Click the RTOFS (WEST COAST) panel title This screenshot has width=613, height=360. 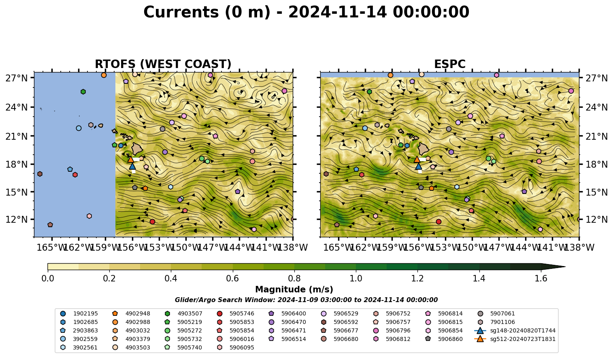click(x=163, y=64)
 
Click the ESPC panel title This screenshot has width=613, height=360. click(x=449, y=64)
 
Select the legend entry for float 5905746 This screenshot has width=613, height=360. click(x=237, y=313)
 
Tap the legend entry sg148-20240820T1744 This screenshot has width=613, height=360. click(x=515, y=330)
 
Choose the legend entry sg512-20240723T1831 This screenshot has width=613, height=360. click(x=515, y=339)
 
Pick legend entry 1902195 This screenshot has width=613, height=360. click(x=79, y=313)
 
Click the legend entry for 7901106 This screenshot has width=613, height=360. click(x=498, y=322)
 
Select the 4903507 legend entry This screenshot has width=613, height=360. click(x=185, y=313)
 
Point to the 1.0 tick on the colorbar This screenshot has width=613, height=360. click(x=356, y=279)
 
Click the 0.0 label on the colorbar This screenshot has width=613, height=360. click(x=48, y=279)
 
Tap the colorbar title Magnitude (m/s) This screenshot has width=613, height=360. click(x=294, y=290)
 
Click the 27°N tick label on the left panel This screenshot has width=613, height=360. click(x=17, y=78)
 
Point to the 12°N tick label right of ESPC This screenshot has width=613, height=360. click(x=596, y=219)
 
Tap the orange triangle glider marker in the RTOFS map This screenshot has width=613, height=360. click(x=130, y=159)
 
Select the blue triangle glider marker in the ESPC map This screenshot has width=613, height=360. click(x=418, y=166)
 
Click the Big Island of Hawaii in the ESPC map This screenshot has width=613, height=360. click(x=424, y=149)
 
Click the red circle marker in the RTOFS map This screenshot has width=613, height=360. click(x=152, y=222)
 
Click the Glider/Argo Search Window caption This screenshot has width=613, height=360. click(x=306, y=300)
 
